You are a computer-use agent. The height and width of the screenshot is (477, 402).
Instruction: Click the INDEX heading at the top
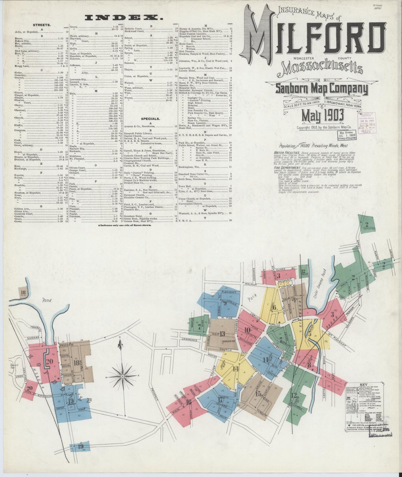tap(124, 18)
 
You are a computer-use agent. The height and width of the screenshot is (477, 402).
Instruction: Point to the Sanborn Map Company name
tap(322, 89)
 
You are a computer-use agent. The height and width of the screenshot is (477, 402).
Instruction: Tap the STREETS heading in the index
tap(42, 25)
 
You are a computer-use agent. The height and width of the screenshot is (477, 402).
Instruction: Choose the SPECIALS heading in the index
tap(150, 119)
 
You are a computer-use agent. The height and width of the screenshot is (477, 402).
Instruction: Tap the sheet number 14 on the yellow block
tap(236, 369)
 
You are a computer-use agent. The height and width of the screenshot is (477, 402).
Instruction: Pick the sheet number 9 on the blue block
tap(225, 304)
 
